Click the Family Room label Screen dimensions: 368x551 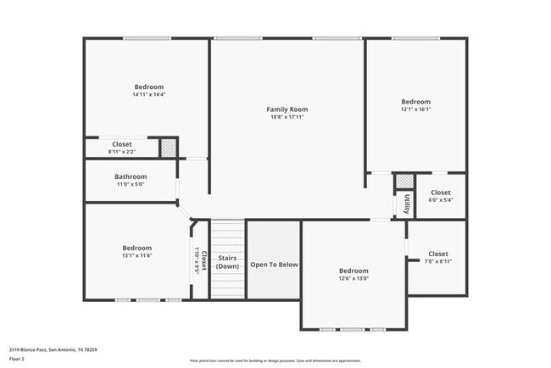[x=287, y=109]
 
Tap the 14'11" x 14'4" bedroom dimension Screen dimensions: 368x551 [x=148, y=95]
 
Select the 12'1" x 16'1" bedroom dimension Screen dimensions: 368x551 [x=415, y=109]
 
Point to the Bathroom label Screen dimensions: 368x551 [x=131, y=176]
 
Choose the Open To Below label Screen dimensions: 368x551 [x=274, y=265]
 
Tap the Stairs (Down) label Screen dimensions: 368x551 [x=227, y=262]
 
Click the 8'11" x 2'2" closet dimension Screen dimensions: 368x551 [x=121, y=152]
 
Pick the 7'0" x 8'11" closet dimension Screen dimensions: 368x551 [x=437, y=262]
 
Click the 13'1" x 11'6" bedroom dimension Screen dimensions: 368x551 [x=136, y=255]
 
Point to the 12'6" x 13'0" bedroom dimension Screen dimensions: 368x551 [x=353, y=278]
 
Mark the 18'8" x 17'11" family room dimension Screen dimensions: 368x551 [x=287, y=117]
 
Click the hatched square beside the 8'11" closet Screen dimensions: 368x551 [x=169, y=147]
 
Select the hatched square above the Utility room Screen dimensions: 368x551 [x=405, y=181]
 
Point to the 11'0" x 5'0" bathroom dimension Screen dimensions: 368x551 [x=131, y=184]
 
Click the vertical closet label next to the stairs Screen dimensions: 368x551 [x=201, y=259]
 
